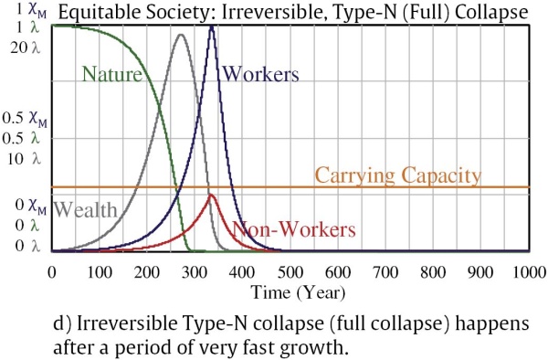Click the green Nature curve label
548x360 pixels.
pos(111,74)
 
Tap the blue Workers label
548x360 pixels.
pos(260,74)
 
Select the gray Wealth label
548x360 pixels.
pos(85,209)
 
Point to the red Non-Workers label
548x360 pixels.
pos(294,229)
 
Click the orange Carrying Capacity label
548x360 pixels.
pos(398,175)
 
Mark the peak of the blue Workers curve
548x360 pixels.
pos(212,26)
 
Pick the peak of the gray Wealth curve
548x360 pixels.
pos(181,34)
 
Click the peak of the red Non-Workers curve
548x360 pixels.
pos(210,195)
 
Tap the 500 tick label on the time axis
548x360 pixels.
pos(290,272)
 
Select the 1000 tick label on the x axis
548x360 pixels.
pos(529,272)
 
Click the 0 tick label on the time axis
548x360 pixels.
pos(52,272)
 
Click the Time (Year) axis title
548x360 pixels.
pos(298,292)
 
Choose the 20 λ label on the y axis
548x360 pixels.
pos(26,48)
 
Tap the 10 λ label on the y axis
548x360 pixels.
pos(26,159)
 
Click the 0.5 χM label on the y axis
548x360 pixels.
pos(25,119)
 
